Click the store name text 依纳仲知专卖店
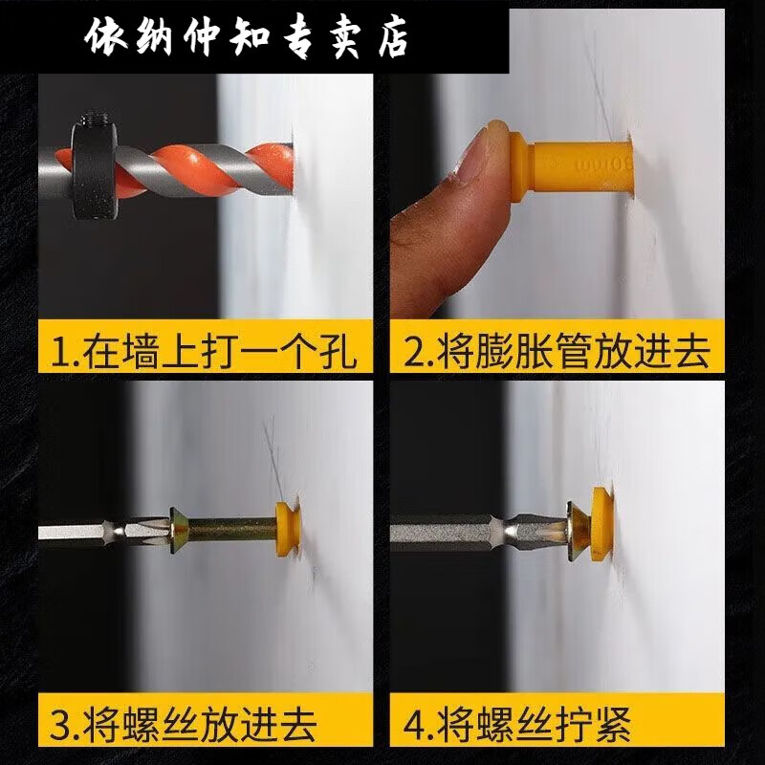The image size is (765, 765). coord(247,38)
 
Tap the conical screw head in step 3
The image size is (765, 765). coord(181,527)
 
